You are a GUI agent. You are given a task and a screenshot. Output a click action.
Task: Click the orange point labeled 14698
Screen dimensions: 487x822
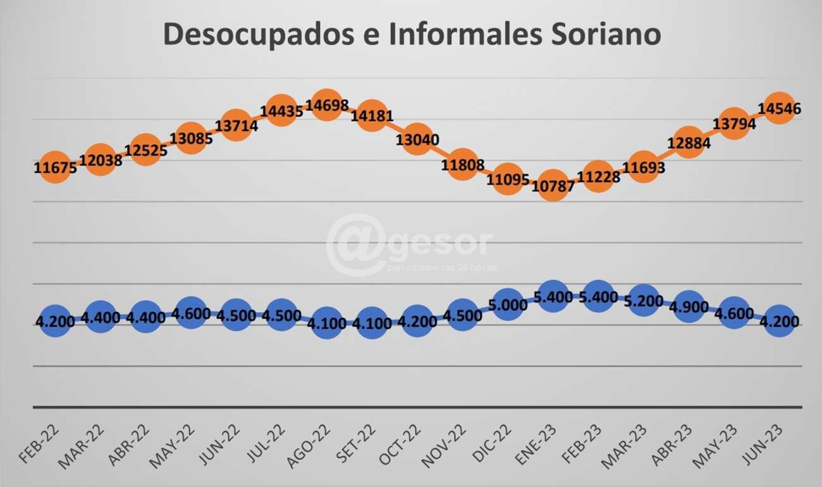[x=326, y=105]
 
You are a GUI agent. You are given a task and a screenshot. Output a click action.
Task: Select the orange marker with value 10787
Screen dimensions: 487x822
[x=553, y=185]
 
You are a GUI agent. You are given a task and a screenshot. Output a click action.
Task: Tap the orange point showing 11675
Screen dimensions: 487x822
[x=56, y=167]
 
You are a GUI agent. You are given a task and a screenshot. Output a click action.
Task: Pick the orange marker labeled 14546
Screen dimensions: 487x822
[x=779, y=108]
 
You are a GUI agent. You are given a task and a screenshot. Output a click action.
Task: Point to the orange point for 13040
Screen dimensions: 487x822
[x=417, y=140]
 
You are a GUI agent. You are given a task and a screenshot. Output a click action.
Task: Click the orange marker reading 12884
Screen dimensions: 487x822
[x=689, y=143]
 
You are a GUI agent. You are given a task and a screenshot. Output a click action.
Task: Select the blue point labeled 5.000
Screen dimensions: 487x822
[x=508, y=303]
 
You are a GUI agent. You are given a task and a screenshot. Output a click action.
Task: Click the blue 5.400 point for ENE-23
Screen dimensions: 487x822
[x=553, y=296]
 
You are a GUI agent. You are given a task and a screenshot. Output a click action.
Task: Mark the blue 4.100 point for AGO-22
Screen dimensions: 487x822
[x=326, y=323]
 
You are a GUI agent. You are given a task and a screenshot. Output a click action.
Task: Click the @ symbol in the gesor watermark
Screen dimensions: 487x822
[x=356, y=244]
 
